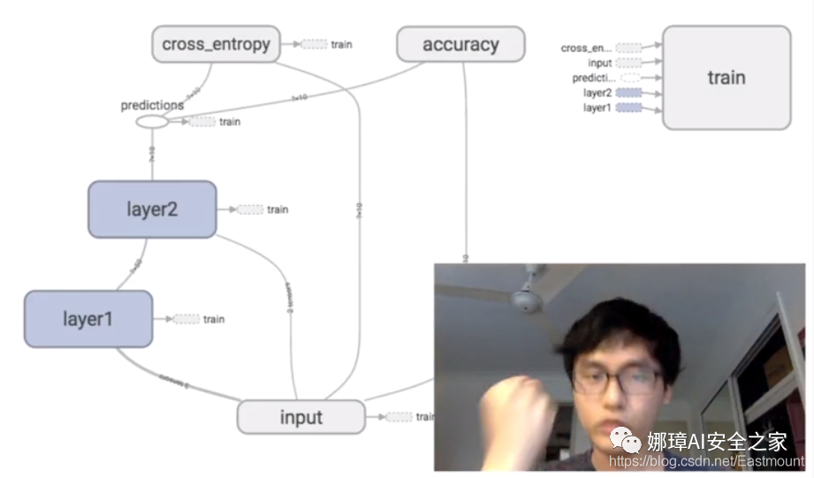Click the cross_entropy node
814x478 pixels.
[216, 44]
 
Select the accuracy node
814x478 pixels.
[460, 44]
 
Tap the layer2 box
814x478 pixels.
[152, 209]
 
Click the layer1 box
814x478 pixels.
[87, 318]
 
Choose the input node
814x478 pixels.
[300, 417]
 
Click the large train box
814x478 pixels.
[727, 78]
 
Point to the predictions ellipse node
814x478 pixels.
[152, 122]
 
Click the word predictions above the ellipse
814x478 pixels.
[152, 105]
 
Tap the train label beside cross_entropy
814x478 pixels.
[341, 44]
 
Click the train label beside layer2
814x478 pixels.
[278, 209]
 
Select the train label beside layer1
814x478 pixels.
[214, 319]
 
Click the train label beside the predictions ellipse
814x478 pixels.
[229, 122]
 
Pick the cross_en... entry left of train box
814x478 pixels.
[586, 49]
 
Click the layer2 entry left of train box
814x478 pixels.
[597, 93]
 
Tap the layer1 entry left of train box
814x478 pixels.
[597, 108]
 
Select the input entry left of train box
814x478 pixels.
[599, 63]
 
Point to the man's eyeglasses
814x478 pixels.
[617, 380]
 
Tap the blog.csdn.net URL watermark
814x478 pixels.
[708, 461]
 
